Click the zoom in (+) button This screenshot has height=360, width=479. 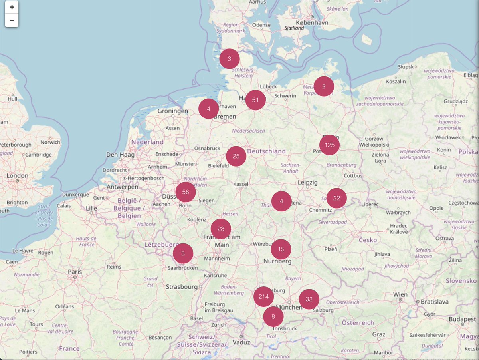[12, 7]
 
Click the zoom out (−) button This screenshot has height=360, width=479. [12, 20]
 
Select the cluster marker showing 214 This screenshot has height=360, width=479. [263, 297]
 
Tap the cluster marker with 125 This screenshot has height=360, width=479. [330, 145]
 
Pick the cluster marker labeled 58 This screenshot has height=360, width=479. [186, 192]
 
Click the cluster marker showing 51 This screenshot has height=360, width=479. [256, 100]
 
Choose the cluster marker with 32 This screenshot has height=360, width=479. [309, 299]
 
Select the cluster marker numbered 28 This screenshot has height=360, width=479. [221, 229]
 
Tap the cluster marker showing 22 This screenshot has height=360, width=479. [336, 198]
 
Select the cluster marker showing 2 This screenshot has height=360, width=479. [324, 86]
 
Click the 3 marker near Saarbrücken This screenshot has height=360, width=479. [183, 253]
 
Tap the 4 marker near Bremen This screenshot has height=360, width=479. [208, 109]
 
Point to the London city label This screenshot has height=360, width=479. [17, 176]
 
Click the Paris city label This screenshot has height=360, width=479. [75, 272]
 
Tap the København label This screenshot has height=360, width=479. [312, 23]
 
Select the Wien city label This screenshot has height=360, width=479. [400, 294]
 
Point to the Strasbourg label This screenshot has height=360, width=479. [182, 287]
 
